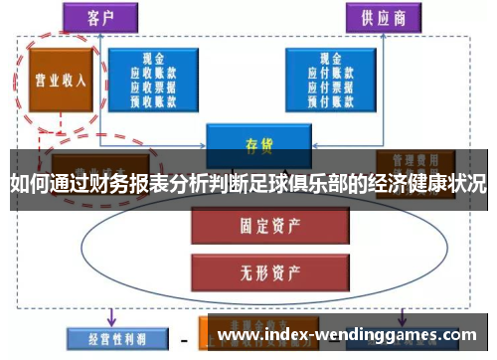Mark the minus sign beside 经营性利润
click(183, 338)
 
